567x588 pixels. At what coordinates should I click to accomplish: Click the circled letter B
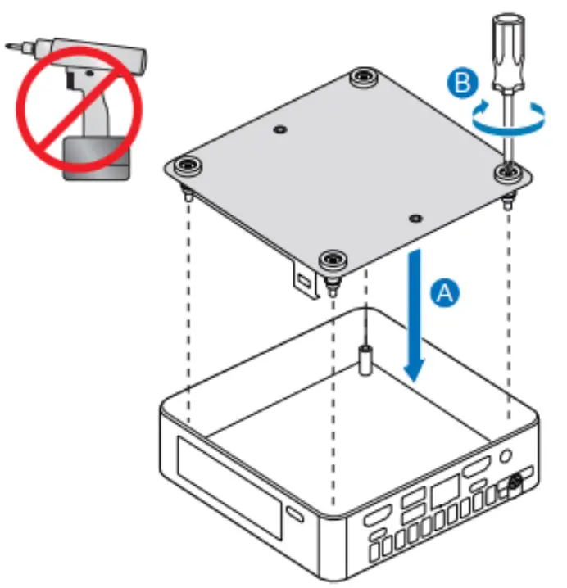(460, 82)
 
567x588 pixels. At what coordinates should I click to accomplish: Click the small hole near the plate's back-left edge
(281, 130)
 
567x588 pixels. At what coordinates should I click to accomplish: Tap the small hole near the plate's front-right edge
(416, 219)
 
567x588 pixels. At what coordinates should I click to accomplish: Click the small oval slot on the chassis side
(294, 514)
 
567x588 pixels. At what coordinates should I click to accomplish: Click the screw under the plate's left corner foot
(188, 194)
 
